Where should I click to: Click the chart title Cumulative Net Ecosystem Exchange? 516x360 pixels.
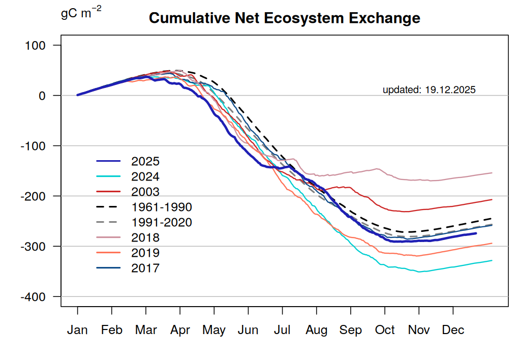click(x=284, y=19)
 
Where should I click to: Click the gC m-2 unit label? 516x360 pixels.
click(x=81, y=13)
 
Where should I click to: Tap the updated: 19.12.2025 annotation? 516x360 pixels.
click(x=429, y=90)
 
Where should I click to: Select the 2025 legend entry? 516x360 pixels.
click(x=145, y=162)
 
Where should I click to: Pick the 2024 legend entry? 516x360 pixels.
click(x=145, y=177)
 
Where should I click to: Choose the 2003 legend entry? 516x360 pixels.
click(x=145, y=192)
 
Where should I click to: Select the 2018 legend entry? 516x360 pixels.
click(x=145, y=238)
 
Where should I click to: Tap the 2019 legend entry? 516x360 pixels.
click(x=145, y=253)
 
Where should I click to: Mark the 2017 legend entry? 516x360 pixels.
click(x=145, y=268)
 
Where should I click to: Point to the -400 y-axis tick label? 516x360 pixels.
click(x=33, y=296)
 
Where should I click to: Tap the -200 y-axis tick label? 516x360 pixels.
click(x=33, y=196)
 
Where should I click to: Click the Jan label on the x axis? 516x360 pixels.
click(x=78, y=331)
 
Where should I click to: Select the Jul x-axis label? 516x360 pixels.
click(x=282, y=331)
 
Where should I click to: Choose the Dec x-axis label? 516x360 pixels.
click(x=453, y=331)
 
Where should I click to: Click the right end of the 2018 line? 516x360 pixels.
click(x=492, y=173)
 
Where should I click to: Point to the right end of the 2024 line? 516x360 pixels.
click(x=492, y=260)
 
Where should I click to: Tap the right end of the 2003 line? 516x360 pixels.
click(x=492, y=199)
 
